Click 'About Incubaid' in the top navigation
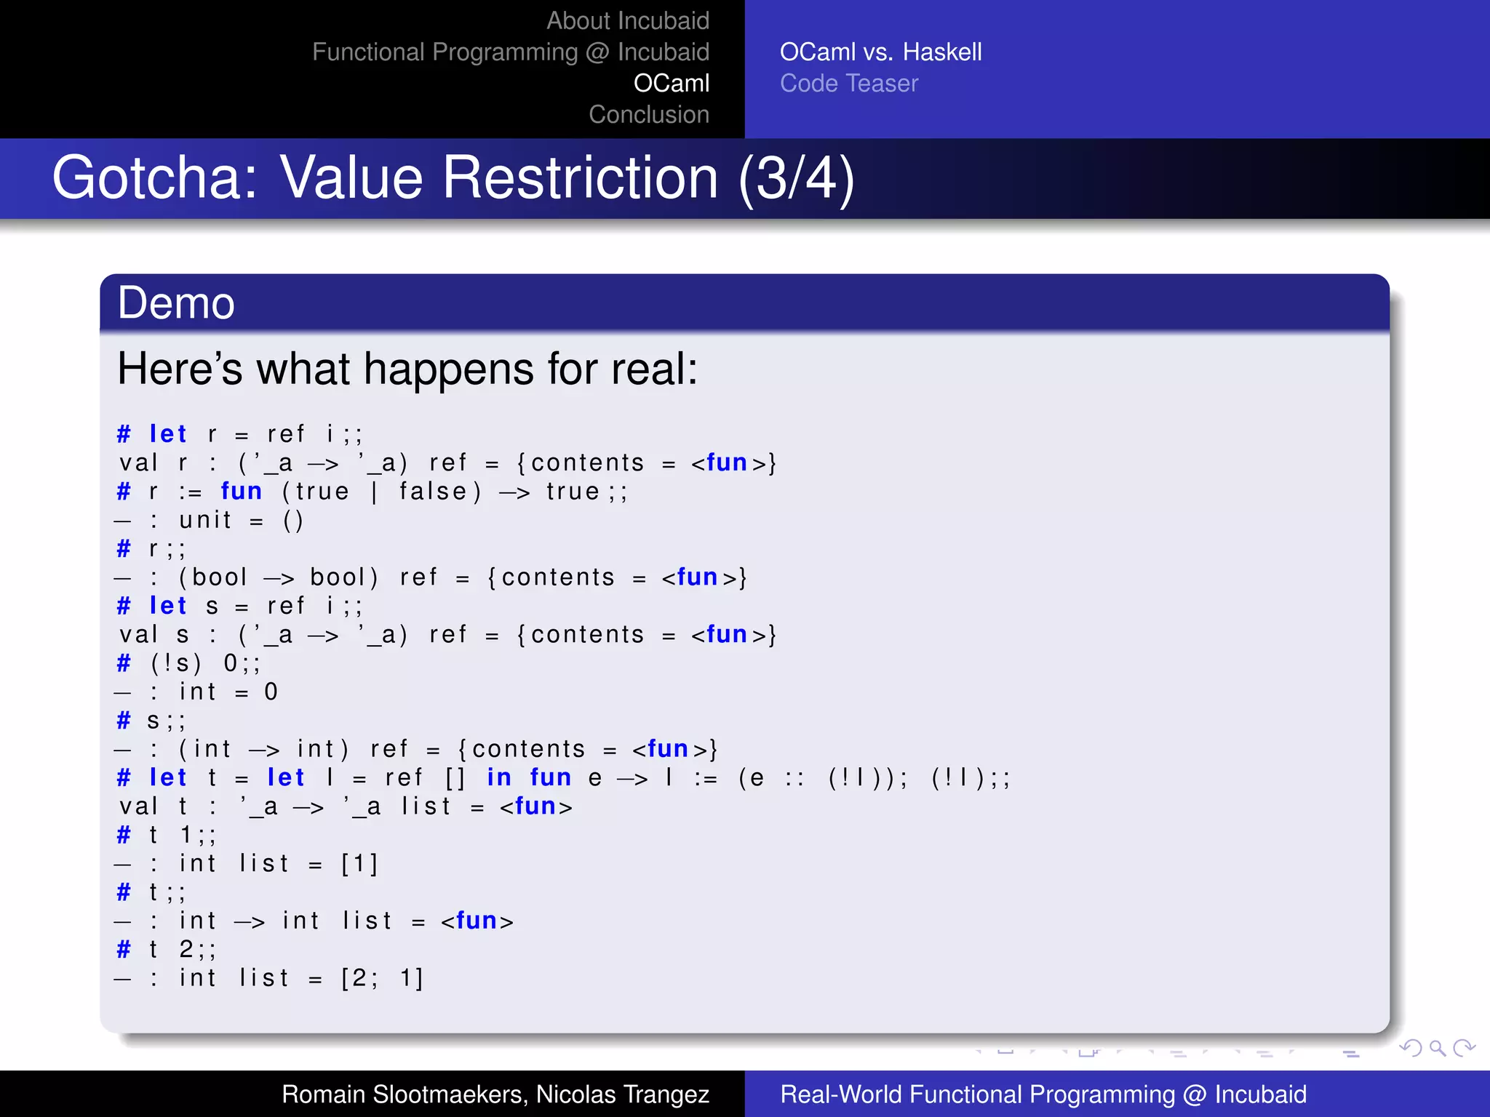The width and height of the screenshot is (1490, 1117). click(x=627, y=21)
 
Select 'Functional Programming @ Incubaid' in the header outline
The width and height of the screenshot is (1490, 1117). click(x=510, y=52)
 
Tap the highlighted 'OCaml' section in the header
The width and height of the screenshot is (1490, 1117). click(x=671, y=84)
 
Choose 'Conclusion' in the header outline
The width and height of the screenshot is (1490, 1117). click(x=648, y=115)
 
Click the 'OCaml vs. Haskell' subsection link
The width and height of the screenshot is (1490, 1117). click(x=880, y=52)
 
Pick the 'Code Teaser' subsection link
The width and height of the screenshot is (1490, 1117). click(x=848, y=84)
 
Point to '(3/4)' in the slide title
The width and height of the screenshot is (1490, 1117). click(x=796, y=178)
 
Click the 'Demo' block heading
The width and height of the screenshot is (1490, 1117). click(x=176, y=303)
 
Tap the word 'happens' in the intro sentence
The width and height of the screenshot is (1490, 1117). click(x=450, y=369)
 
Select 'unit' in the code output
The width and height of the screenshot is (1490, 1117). click(x=205, y=521)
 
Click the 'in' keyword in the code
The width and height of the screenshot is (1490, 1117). click(x=499, y=778)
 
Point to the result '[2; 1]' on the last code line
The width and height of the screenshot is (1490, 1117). click(x=382, y=978)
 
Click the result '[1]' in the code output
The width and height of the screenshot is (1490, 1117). click(x=359, y=864)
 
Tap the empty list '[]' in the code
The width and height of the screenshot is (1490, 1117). click(x=455, y=778)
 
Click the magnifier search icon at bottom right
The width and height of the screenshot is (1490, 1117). click(x=1437, y=1048)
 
